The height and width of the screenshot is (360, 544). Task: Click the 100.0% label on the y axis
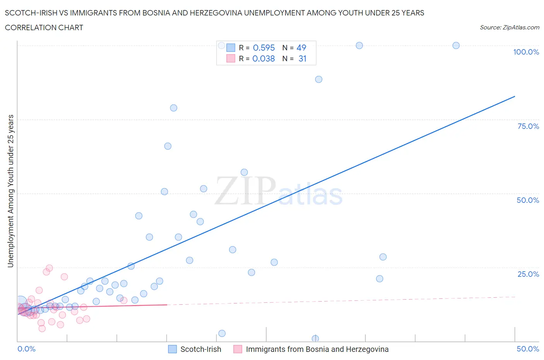click(x=526, y=52)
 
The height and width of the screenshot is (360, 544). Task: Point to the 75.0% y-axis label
click(x=528, y=126)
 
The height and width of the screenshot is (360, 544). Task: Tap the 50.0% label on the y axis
click(x=528, y=200)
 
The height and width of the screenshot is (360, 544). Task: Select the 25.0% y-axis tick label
click(x=528, y=274)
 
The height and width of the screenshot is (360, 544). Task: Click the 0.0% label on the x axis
click(x=26, y=349)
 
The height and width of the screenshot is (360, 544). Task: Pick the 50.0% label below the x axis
click(x=528, y=349)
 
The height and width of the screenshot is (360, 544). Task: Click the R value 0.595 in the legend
click(x=263, y=48)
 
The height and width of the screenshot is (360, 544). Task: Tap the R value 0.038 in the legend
click(x=263, y=58)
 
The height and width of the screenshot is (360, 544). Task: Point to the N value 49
click(x=301, y=48)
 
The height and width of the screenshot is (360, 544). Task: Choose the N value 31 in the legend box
click(x=302, y=58)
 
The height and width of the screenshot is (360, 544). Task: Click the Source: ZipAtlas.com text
click(x=509, y=27)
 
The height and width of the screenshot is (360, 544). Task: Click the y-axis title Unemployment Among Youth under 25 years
click(x=10, y=191)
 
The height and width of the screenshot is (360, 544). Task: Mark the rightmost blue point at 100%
click(x=456, y=45)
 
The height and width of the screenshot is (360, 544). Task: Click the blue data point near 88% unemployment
click(x=318, y=79)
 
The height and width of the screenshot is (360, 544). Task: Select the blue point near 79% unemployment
click(x=173, y=108)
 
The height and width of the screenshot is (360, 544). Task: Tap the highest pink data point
click(x=49, y=268)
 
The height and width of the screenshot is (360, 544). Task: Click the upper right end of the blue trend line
click(x=515, y=96)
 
